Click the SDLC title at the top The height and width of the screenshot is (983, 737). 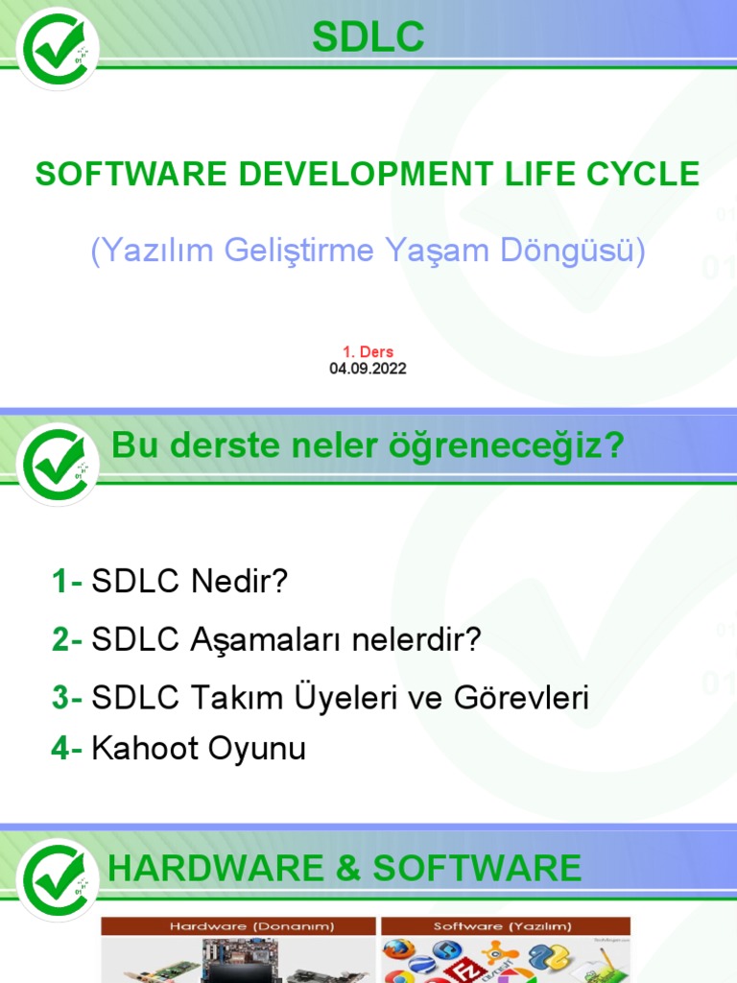(x=368, y=38)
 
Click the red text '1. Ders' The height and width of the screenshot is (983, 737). (x=368, y=351)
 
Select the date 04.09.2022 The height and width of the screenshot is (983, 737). (x=368, y=369)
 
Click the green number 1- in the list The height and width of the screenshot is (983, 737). (x=67, y=582)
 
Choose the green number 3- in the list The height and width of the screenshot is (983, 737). (x=67, y=698)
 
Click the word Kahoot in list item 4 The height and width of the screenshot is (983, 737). (x=140, y=749)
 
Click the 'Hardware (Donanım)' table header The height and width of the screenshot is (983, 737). (x=239, y=926)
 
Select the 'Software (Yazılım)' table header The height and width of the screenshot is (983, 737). (x=504, y=926)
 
